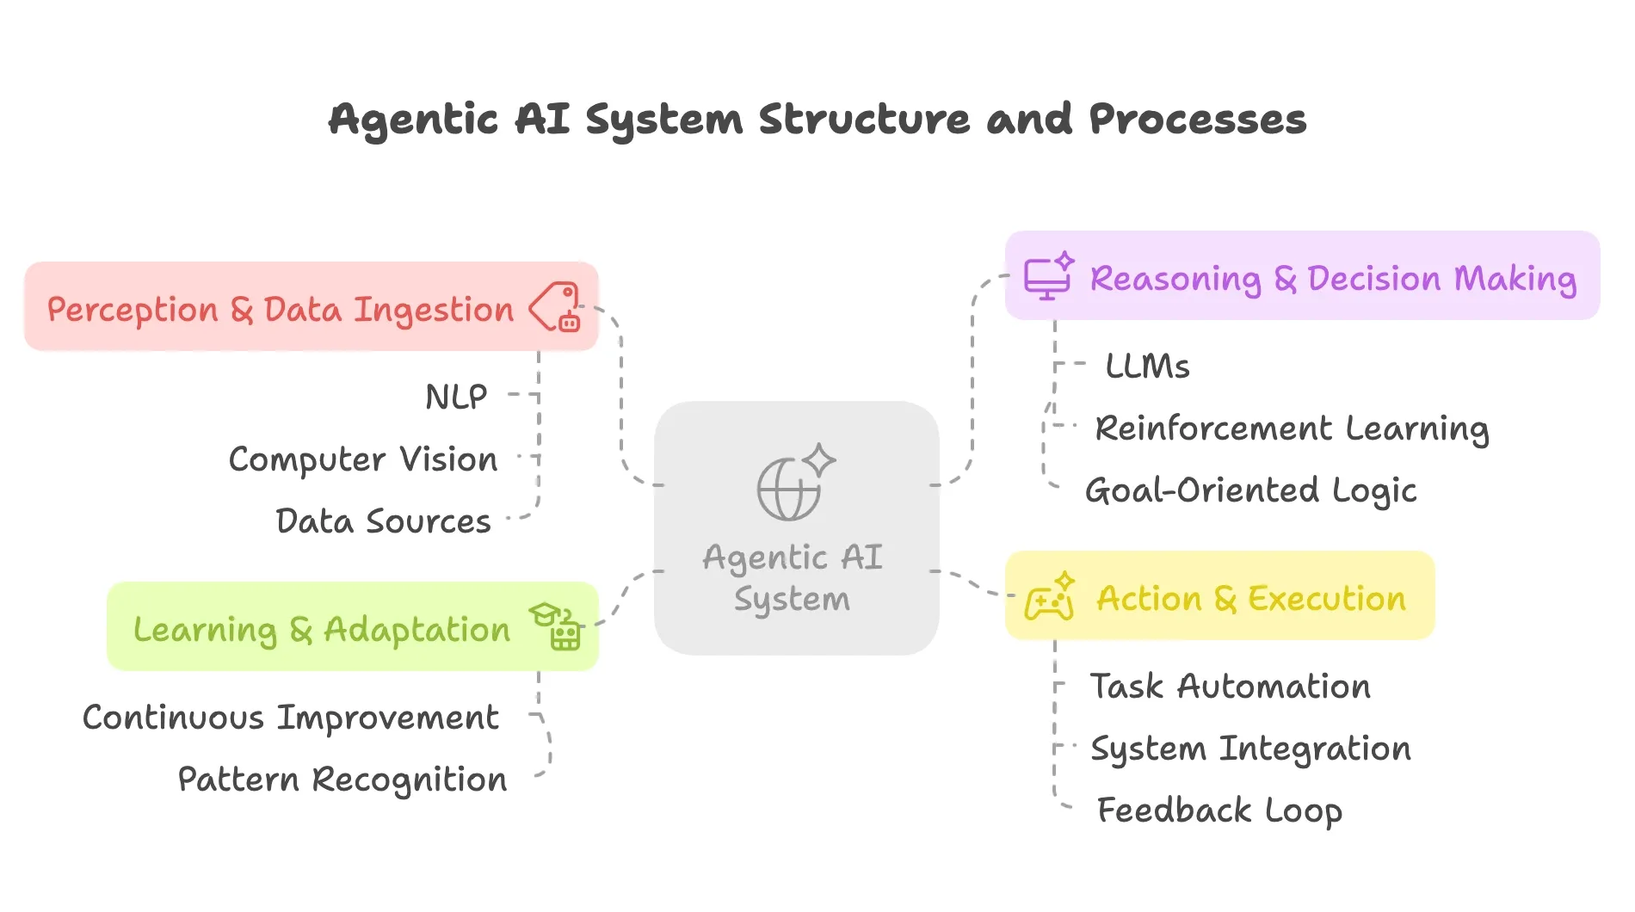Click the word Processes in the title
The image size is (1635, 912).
pyautogui.click(x=1197, y=120)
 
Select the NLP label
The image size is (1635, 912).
pyautogui.click(x=456, y=397)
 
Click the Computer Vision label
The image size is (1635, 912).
pyautogui.click(x=363, y=459)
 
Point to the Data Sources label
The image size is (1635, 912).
pyautogui.click(x=383, y=521)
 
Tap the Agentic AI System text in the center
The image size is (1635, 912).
pyautogui.click(x=793, y=577)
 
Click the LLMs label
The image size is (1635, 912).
pyautogui.click(x=1147, y=367)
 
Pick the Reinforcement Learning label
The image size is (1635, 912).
pyautogui.click(x=1292, y=428)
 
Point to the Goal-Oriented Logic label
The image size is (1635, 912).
pyautogui.click(x=1250, y=490)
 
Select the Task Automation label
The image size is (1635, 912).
pyautogui.click(x=1230, y=687)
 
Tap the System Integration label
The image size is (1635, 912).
pyautogui.click(x=1250, y=749)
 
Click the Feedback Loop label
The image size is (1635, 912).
pyautogui.click(x=1219, y=810)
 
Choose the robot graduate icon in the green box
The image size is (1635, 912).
pyautogui.click(x=557, y=626)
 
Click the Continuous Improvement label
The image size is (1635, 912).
pyautogui.click(x=290, y=718)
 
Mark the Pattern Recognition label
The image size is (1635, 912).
pyautogui.click(x=342, y=780)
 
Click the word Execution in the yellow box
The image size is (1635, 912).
pyautogui.click(x=1326, y=598)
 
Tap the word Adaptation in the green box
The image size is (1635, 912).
pyautogui.click(x=417, y=630)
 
